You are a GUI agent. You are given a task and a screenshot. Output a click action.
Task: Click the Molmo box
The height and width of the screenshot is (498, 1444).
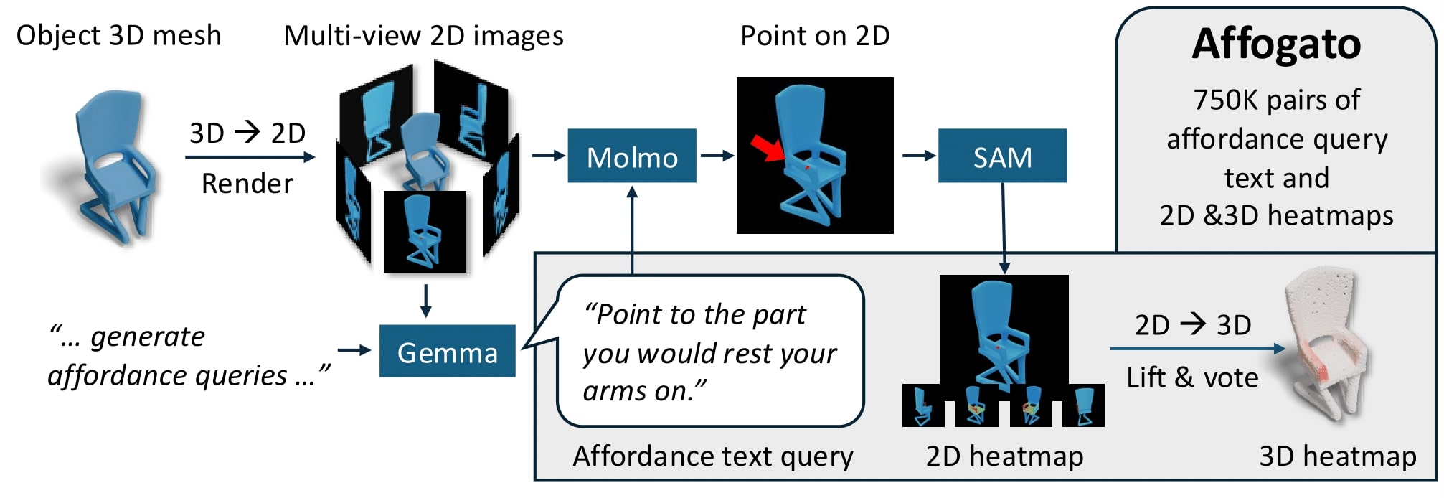[x=631, y=156]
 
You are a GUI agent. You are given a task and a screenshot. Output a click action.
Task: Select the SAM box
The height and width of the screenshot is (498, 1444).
[x=1002, y=156]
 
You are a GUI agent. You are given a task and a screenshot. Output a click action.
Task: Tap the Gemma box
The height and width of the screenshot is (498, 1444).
[x=447, y=351]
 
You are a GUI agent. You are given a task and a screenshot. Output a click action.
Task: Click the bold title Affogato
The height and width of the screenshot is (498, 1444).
[x=1276, y=44]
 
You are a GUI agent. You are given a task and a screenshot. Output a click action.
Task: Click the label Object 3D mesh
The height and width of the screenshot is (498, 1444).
[x=119, y=35]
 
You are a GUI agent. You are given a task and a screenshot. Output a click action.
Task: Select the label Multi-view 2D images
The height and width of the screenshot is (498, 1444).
[x=423, y=35]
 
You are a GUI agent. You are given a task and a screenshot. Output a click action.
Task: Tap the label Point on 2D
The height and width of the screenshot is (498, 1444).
[x=815, y=35]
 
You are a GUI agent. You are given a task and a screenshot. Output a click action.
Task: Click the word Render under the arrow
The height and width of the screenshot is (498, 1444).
[x=247, y=184]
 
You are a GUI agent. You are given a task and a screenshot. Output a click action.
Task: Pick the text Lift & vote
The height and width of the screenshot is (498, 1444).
[x=1192, y=377]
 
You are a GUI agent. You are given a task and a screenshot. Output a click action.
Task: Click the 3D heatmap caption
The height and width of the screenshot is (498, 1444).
[x=1337, y=456]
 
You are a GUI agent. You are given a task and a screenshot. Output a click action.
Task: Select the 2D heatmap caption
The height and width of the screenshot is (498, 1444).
[x=1004, y=456]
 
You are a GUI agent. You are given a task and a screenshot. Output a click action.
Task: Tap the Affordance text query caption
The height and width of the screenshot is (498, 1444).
[x=713, y=456]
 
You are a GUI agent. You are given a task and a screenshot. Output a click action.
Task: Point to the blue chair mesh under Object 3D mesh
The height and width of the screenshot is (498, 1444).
[x=115, y=165]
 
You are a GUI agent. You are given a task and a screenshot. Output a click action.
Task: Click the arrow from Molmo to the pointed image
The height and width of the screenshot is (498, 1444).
[x=717, y=156]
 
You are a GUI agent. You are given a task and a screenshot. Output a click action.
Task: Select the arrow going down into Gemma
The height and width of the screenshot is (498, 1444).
[x=426, y=301]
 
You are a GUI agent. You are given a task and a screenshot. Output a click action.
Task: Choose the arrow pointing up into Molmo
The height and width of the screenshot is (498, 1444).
[x=632, y=230]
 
